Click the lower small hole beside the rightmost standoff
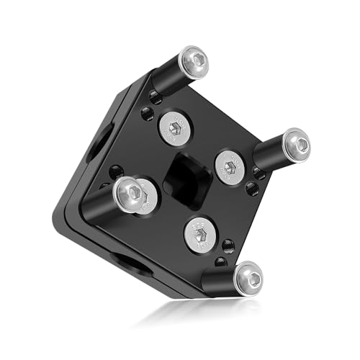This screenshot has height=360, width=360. click(253, 189)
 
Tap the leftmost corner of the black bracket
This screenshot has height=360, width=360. click(55, 214)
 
